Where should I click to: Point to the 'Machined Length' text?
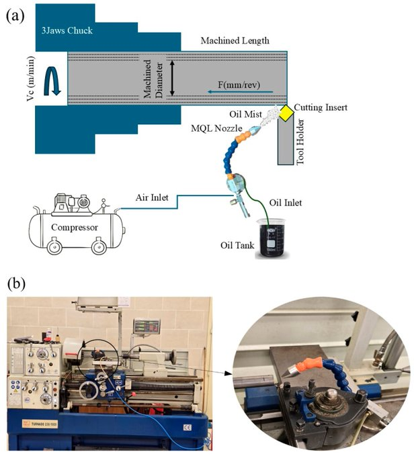click(x=235, y=41)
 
